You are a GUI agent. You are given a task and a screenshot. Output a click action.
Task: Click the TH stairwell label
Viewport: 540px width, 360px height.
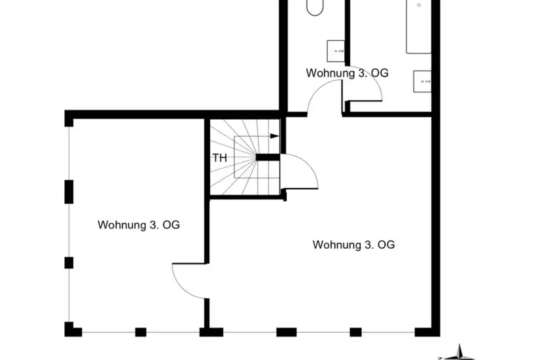[x=220, y=158]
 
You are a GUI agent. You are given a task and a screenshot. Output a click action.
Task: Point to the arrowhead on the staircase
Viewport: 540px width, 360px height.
[x=275, y=136]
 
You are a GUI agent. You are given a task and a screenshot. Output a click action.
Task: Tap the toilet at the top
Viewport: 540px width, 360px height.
[x=315, y=7]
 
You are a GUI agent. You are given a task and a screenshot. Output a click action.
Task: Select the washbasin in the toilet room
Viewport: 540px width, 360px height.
[x=336, y=51]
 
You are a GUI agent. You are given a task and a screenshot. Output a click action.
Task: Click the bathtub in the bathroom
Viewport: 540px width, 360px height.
[x=419, y=27]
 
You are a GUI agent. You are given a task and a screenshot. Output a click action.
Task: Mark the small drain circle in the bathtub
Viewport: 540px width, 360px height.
[x=419, y=5]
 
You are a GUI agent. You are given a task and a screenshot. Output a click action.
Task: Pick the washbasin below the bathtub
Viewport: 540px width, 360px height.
[x=423, y=81]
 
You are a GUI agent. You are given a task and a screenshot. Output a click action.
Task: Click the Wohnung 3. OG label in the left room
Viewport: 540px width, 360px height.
[x=139, y=225]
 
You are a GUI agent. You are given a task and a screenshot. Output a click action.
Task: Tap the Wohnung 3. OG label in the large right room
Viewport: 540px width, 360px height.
[x=353, y=245]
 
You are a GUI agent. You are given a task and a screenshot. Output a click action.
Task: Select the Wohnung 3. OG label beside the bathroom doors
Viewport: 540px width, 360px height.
[x=347, y=73]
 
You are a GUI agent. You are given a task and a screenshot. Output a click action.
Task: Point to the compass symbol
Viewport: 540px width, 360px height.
[x=459, y=353]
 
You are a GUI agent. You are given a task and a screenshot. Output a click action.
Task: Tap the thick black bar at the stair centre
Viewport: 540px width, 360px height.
[x=268, y=158]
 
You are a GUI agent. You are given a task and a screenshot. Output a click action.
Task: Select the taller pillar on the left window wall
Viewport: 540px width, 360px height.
[x=69, y=192]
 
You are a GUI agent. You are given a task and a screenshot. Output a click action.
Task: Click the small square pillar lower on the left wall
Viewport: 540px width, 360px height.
[x=69, y=263]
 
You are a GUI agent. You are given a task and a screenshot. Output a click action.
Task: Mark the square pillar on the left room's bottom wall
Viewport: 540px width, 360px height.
[x=141, y=332]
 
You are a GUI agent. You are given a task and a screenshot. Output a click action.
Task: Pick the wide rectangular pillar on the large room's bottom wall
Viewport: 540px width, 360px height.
[x=287, y=332]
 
